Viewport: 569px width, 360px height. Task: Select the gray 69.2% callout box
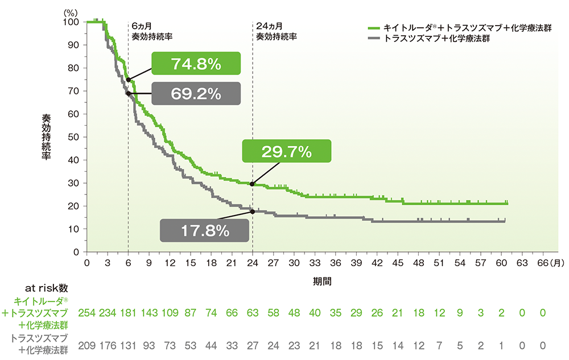(196, 93)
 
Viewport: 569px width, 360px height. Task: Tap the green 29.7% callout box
(286, 152)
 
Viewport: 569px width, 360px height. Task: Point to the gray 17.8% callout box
(205, 231)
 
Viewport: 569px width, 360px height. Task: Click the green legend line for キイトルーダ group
(374, 28)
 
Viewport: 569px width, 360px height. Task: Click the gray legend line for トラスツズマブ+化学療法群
(374, 39)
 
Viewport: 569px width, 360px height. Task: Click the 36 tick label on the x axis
(336, 263)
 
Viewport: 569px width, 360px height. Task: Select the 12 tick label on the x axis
(170, 263)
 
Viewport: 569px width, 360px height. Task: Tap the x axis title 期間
(320, 281)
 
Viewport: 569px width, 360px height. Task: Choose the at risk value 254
(86, 314)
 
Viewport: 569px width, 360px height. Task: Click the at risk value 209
(86, 345)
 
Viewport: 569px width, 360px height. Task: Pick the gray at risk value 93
(149, 345)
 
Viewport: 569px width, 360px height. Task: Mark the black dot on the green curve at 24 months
(252, 184)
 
